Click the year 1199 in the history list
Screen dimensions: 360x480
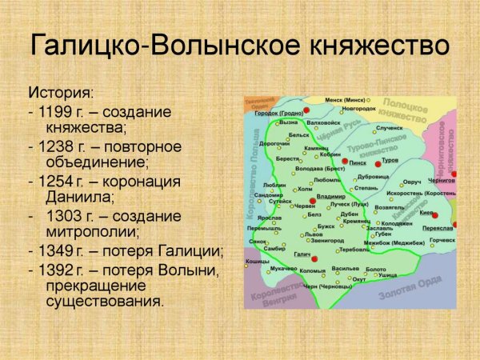click(52, 111)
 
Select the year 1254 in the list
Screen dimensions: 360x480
click(52, 181)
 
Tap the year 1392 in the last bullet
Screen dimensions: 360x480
click(52, 269)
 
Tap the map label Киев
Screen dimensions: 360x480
click(426, 214)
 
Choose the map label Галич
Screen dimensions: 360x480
click(301, 254)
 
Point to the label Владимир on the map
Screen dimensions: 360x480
click(330, 196)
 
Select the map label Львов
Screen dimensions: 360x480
click(314, 234)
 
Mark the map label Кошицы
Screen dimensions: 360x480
click(257, 261)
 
